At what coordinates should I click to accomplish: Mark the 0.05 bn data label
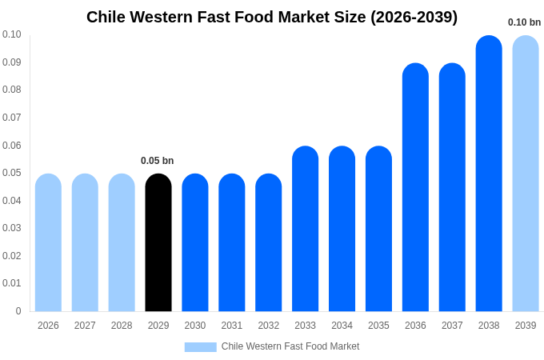(157, 161)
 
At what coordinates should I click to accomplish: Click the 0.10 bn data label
(524, 22)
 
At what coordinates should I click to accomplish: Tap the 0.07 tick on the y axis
(11, 118)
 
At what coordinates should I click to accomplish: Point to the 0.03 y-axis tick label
(11, 228)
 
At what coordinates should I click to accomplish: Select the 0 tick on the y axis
(18, 311)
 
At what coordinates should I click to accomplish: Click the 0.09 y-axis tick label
(11, 62)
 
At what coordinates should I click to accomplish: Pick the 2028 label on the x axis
(122, 326)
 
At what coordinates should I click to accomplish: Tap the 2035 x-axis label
(378, 326)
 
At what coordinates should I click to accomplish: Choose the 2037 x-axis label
(452, 326)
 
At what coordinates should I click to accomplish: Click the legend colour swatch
(200, 346)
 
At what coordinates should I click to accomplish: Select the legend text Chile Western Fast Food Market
(290, 346)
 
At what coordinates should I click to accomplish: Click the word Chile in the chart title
(106, 17)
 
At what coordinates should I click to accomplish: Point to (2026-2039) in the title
(414, 17)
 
